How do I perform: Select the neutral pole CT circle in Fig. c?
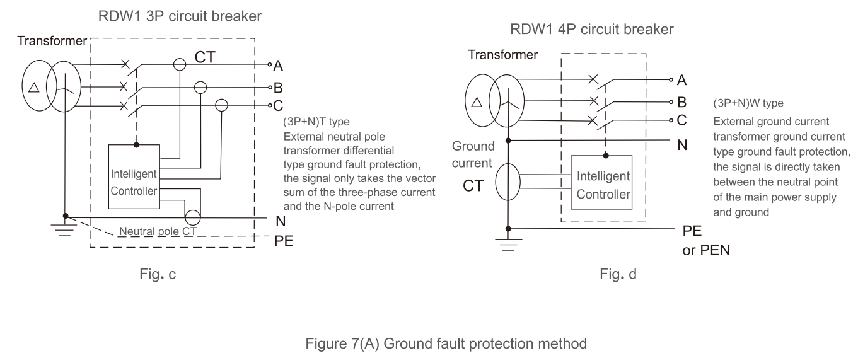192,217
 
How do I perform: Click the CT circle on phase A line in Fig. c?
180,64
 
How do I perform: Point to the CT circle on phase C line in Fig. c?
222,105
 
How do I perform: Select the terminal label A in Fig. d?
681,79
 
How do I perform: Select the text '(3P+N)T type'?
313,121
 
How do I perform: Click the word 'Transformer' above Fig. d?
503,54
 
